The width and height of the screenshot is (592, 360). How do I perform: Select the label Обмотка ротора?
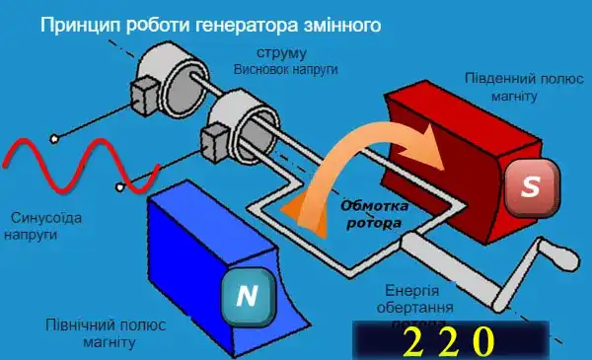click(373, 215)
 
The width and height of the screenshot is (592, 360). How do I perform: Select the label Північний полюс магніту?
click(90, 332)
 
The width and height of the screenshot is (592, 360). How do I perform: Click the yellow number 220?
click(447, 340)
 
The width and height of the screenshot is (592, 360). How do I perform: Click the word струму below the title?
click(281, 52)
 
